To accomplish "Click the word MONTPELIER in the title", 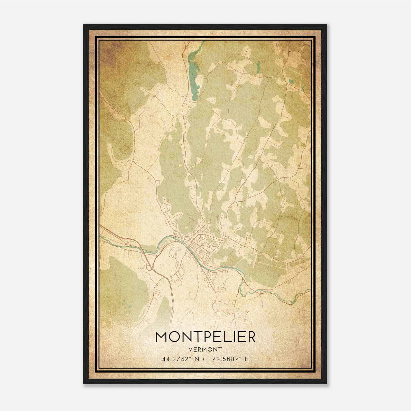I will pyautogui.click(x=205, y=337).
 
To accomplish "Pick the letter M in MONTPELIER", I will pyautogui.click(x=161, y=337).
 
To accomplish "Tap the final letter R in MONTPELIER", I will pyautogui.click(x=250, y=337).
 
